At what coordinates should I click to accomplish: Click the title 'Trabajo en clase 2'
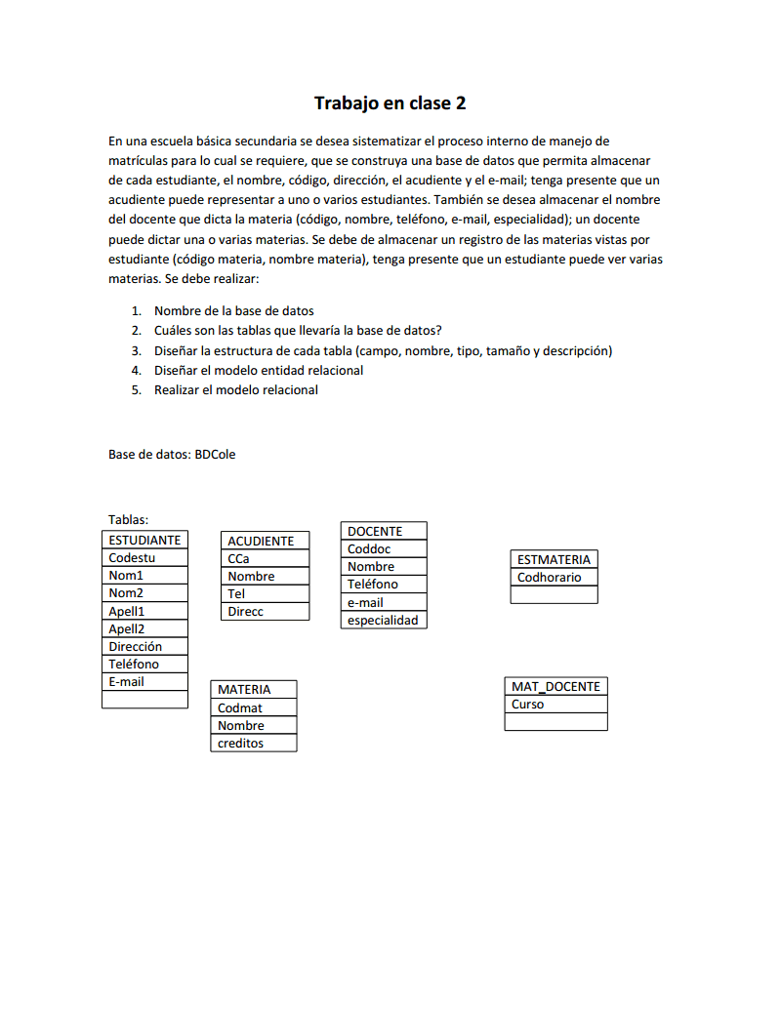[x=390, y=102]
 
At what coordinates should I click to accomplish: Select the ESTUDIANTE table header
[x=144, y=540]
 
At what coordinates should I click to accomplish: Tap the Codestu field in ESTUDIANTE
[x=133, y=558]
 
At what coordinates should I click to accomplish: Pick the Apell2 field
[x=127, y=628]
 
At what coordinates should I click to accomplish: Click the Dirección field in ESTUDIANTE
[x=136, y=646]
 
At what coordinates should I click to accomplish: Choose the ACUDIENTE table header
[x=261, y=541]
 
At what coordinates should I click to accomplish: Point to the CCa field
[x=238, y=558]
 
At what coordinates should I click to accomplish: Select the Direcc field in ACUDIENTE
[x=246, y=611]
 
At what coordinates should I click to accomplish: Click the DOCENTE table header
[x=375, y=531]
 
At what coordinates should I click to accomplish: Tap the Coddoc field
[x=369, y=548]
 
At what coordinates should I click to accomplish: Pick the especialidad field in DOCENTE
[x=383, y=620]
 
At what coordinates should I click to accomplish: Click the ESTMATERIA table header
[x=554, y=559]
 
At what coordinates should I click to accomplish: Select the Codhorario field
[x=549, y=577]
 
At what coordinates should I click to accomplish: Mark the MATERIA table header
[x=244, y=689]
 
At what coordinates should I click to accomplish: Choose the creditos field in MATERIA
[x=241, y=743]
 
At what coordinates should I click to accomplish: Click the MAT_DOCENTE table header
[x=555, y=686]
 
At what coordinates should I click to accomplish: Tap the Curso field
[x=528, y=704]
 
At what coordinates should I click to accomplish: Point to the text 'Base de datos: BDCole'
[x=172, y=454]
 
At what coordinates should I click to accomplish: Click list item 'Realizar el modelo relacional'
[x=235, y=389]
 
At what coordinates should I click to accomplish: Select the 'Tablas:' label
[x=128, y=520]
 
